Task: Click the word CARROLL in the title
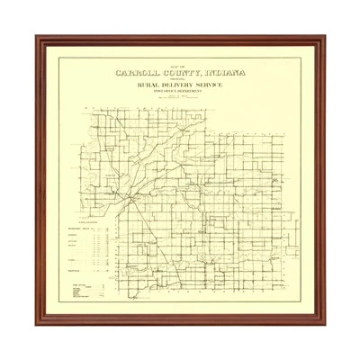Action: click(x=141, y=75)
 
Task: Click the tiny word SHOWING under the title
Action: click(x=180, y=81)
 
